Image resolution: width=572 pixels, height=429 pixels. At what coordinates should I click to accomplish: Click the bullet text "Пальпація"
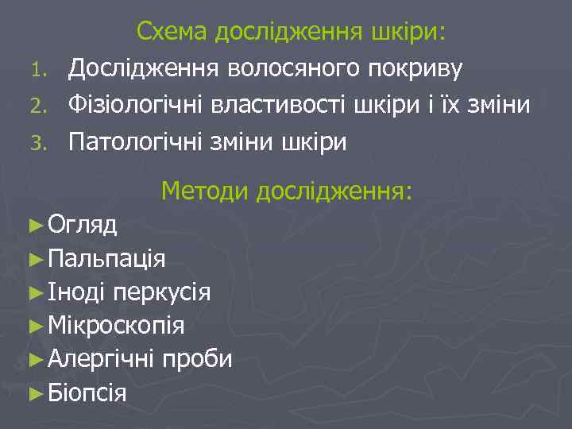(106, 259)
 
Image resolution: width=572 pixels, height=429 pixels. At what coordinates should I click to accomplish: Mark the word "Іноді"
(78, 292)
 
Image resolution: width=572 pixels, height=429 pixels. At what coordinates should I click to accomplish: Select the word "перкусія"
(162, 292)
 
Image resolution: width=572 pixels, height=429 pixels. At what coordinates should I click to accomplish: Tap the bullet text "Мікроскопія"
(116, 326)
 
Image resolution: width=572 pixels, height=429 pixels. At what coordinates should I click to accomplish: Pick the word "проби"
(197, 360)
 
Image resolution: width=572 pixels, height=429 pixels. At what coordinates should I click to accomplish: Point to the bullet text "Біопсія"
(87, 392)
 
